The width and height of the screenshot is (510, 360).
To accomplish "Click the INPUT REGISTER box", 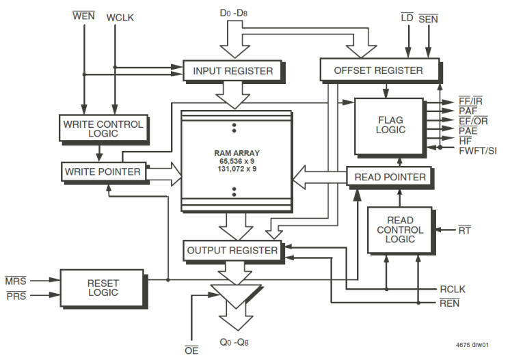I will pyautogui.click(x=232, y=70).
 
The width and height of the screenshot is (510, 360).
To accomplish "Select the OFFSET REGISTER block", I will pyautogui.click(x=378, y=70).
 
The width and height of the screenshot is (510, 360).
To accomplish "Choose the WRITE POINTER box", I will pyautogui.click(x=103, y=171).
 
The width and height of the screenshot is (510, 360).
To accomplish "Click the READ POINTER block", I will pyautogui.click(x=390, y=177).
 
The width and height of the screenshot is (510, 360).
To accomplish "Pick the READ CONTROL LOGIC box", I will pyautogui.click(x=400, y=230).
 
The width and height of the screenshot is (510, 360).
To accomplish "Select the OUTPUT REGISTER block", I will pyautogui.click(x=232, y=250).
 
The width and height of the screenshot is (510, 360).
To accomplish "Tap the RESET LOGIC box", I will pyautogui.click(x=103, y=287).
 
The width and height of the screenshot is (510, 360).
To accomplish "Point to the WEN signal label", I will pyautogui.click(x=84, y=16).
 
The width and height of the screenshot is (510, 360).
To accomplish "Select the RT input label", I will pyautogui.click(x=465, y=230).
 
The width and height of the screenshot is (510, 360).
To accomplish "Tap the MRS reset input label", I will pyautogui.click(x=15, y=281).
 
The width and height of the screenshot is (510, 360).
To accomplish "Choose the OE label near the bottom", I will pyautogui.click(x=191, y=350).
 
